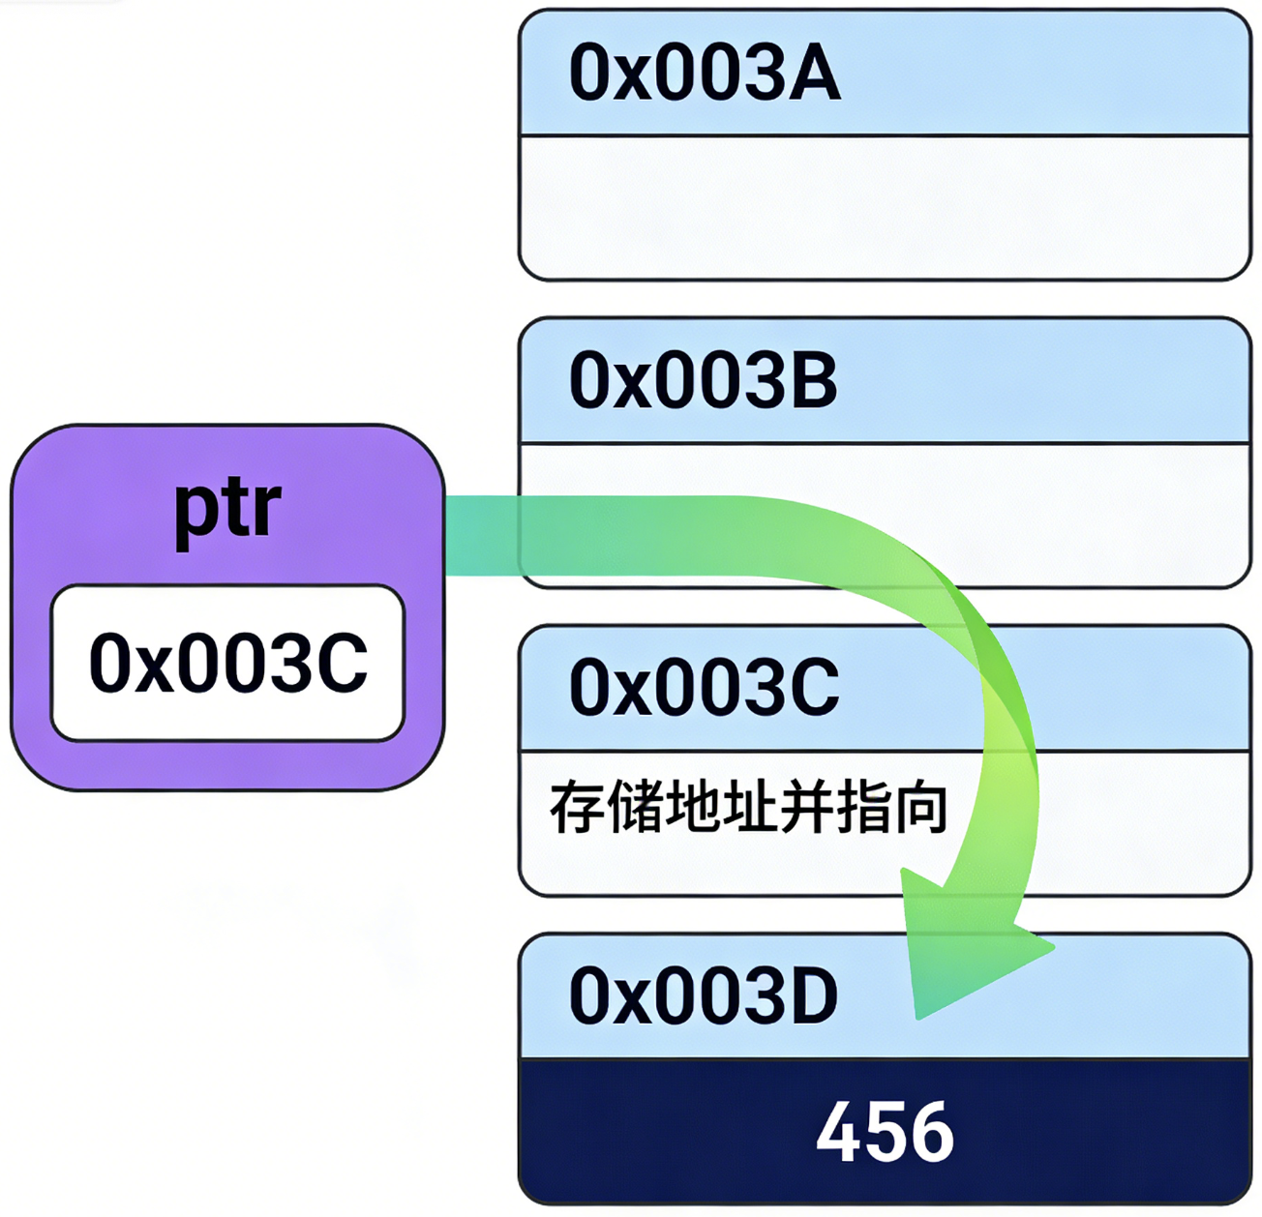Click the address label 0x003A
(704, 74)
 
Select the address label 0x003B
(703, 381)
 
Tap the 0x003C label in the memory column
(704, 688)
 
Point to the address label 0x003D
(703, 996)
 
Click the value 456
(885, 1132)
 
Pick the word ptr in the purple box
(227, 510)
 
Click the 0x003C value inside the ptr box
(228, 664)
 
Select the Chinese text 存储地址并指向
(748, 809)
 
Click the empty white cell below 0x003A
(885, 207)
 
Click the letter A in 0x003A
(814, 74)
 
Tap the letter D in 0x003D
(812, 996)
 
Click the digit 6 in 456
(931, 1133)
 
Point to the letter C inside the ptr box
(342, 664)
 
